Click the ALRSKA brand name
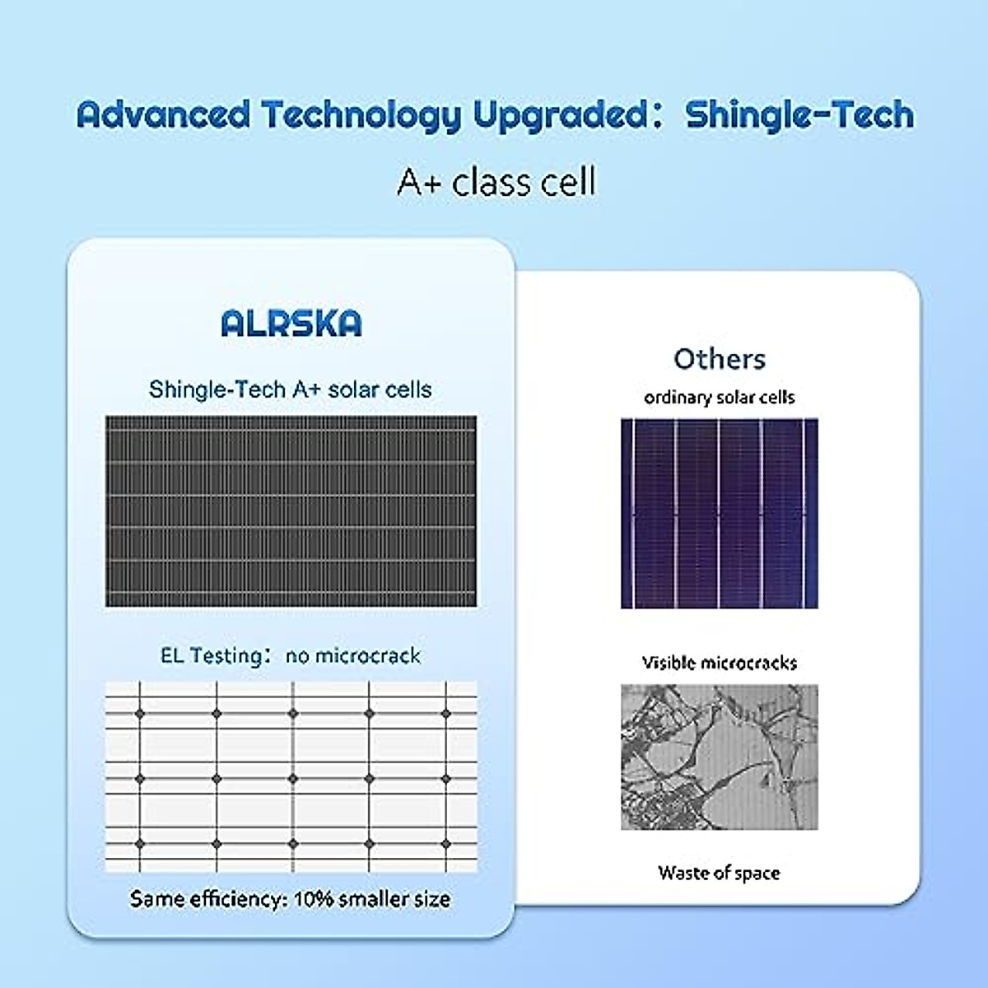tap(291, 324)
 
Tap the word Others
tap(719, 359)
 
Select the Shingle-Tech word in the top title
tap(799, 114)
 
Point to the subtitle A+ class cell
tap(496, 181)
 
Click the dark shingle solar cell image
tap(291, 511)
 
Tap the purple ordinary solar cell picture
tap(719, 514)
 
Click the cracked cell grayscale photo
tap(719, 757)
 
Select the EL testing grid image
tap(291, 776)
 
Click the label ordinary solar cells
tap(719, 398)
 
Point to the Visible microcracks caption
tap(719, 663)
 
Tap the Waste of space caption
tap(719, 873)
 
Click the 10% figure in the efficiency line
tap(314, 898)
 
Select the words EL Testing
tap(211, 656)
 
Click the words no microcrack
tap(352, 656)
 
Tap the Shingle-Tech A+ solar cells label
tap(291, 389)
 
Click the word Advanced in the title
tap(163, 114)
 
